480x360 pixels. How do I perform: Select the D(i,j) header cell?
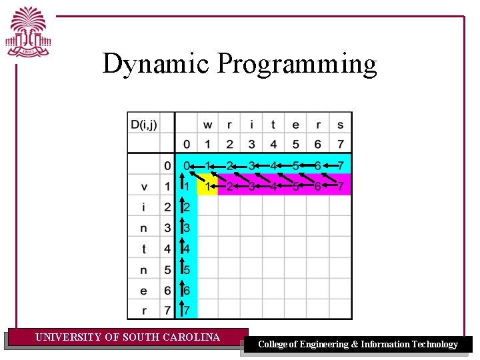[144, 123]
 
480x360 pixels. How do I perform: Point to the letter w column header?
[208, 124]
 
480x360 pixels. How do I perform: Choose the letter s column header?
[340, 124]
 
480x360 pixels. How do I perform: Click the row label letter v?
[144, 186]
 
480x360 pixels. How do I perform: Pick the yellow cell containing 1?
[208, 186]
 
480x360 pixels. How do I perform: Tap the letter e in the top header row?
[295, 124]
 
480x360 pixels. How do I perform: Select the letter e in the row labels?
[144, 290]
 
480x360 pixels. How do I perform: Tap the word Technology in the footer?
[434, 345]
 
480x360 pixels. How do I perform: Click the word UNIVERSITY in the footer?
[68, 337]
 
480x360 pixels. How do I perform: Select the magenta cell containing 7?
[341, 186]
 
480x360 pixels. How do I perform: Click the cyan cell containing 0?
[187, 165]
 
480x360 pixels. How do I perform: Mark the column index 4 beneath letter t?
[273, 144]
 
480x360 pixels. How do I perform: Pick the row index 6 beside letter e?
[167, 290]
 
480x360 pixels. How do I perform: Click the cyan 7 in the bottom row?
[187, 311]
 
